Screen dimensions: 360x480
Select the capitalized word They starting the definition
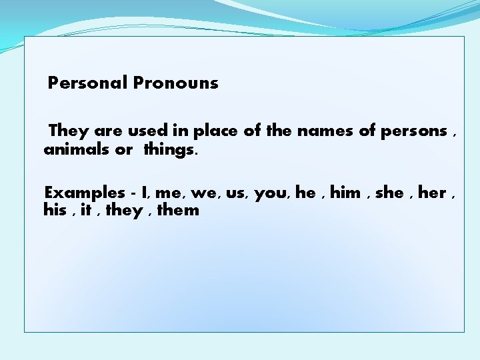[x=68, y=131]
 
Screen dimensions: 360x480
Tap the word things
[x=170, y=149]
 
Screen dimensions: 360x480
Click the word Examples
[x=85, y=193]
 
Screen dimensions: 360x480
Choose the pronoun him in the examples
[x=345, y=193]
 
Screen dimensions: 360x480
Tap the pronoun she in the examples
[x=390, y=193]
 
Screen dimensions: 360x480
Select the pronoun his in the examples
[x=55, y=211]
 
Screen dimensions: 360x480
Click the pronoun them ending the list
[x=178, y=211]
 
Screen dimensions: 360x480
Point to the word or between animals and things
[x=124, y=150]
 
